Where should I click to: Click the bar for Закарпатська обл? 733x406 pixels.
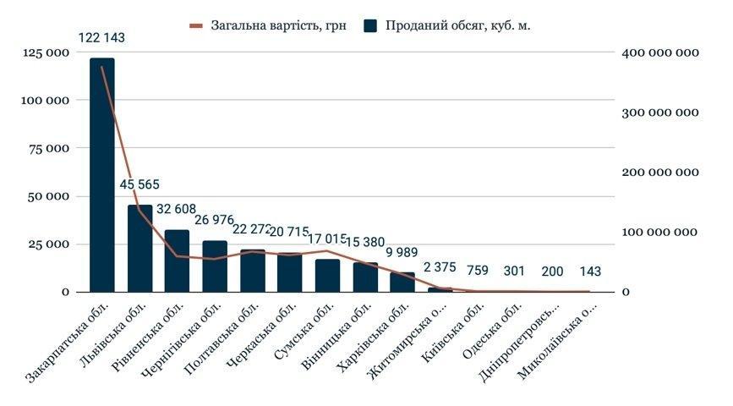click(x=101, y=175)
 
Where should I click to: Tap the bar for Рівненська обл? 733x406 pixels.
click(x=177, y=261)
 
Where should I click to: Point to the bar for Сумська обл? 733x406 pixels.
click(x=327, y=275)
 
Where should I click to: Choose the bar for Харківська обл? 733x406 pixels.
click(x=402, y=282)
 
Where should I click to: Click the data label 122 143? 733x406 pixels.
click(x=102, y=38)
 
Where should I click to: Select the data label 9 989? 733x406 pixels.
click(x=403, y=253)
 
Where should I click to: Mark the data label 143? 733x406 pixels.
click(x=592, y=272)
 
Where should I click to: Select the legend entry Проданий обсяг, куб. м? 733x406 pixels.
click(x=448, y=25)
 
